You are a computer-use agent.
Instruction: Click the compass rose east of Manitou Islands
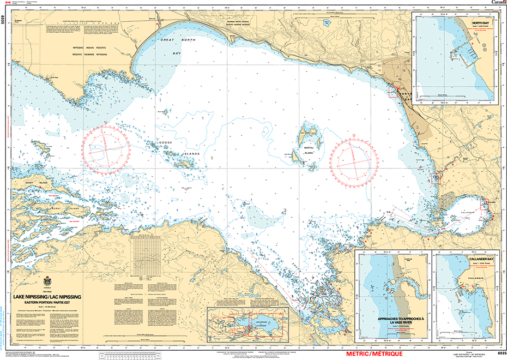click(x=354, y=159)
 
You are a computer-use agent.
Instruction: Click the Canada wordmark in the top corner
click(x=498, y=3)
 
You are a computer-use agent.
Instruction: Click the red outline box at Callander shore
click(x=485, y=206)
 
